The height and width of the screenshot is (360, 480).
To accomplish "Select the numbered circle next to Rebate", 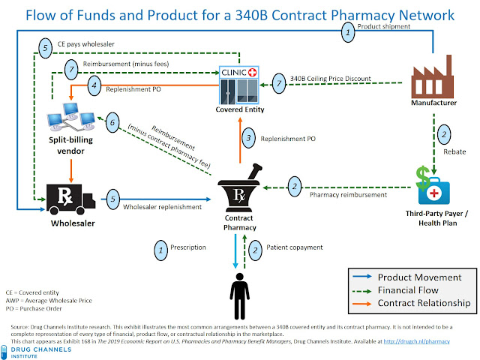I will [x=443, y=135].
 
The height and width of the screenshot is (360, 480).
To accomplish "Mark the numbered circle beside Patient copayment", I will [x=255, y=248].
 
